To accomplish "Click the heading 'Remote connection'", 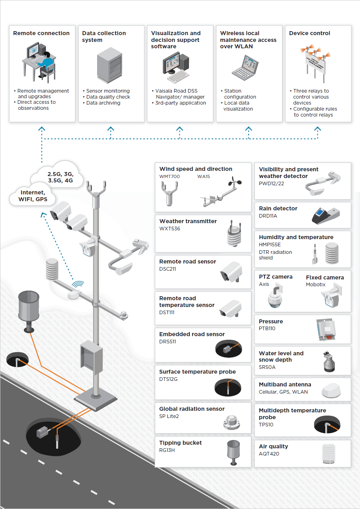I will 41,33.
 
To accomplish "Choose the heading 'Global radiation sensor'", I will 192,409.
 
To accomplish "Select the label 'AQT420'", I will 269,454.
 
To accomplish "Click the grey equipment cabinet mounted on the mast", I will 91,356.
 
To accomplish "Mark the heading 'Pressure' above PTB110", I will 270,321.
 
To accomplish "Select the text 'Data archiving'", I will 103,103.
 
